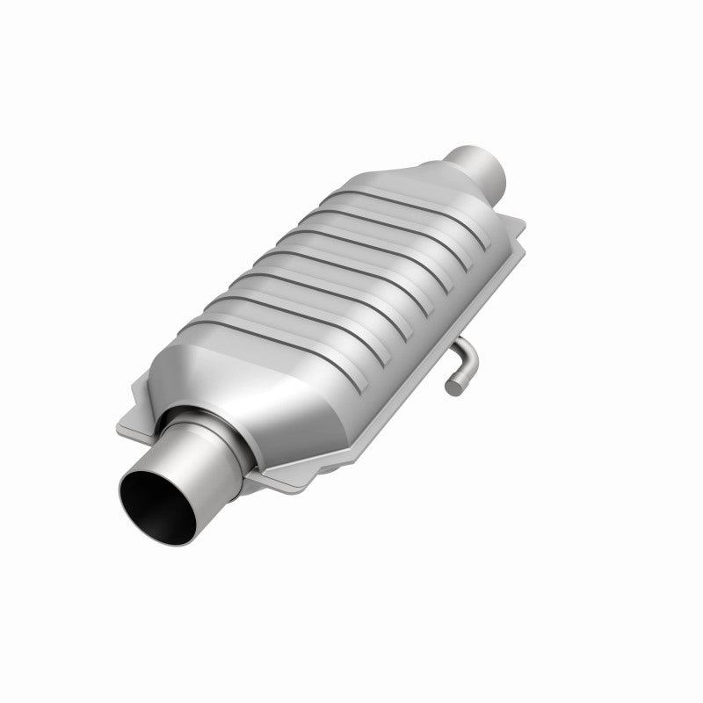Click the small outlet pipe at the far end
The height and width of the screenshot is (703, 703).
click(479, 163)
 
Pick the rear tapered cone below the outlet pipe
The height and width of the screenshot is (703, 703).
click(439, 189)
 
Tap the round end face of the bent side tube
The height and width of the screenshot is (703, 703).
click(453, 385)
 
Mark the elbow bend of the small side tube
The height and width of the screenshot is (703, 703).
click(471, 360)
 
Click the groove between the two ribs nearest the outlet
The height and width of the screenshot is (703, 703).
click(400, 223)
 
